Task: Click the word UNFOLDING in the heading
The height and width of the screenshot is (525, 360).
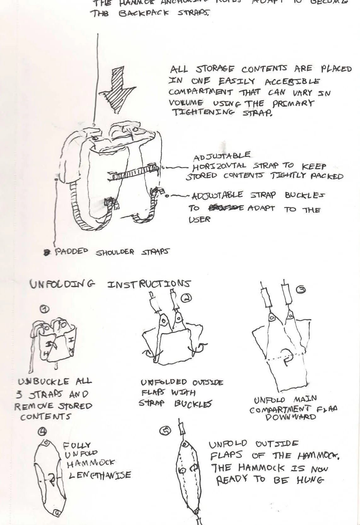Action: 62,284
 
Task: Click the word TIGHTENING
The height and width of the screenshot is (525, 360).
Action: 203,113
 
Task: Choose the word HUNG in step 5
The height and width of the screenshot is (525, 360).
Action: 310,480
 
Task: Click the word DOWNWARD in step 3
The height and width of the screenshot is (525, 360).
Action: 291,417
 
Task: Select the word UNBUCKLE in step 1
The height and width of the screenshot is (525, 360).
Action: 44,382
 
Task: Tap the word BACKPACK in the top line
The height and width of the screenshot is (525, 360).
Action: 144,14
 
